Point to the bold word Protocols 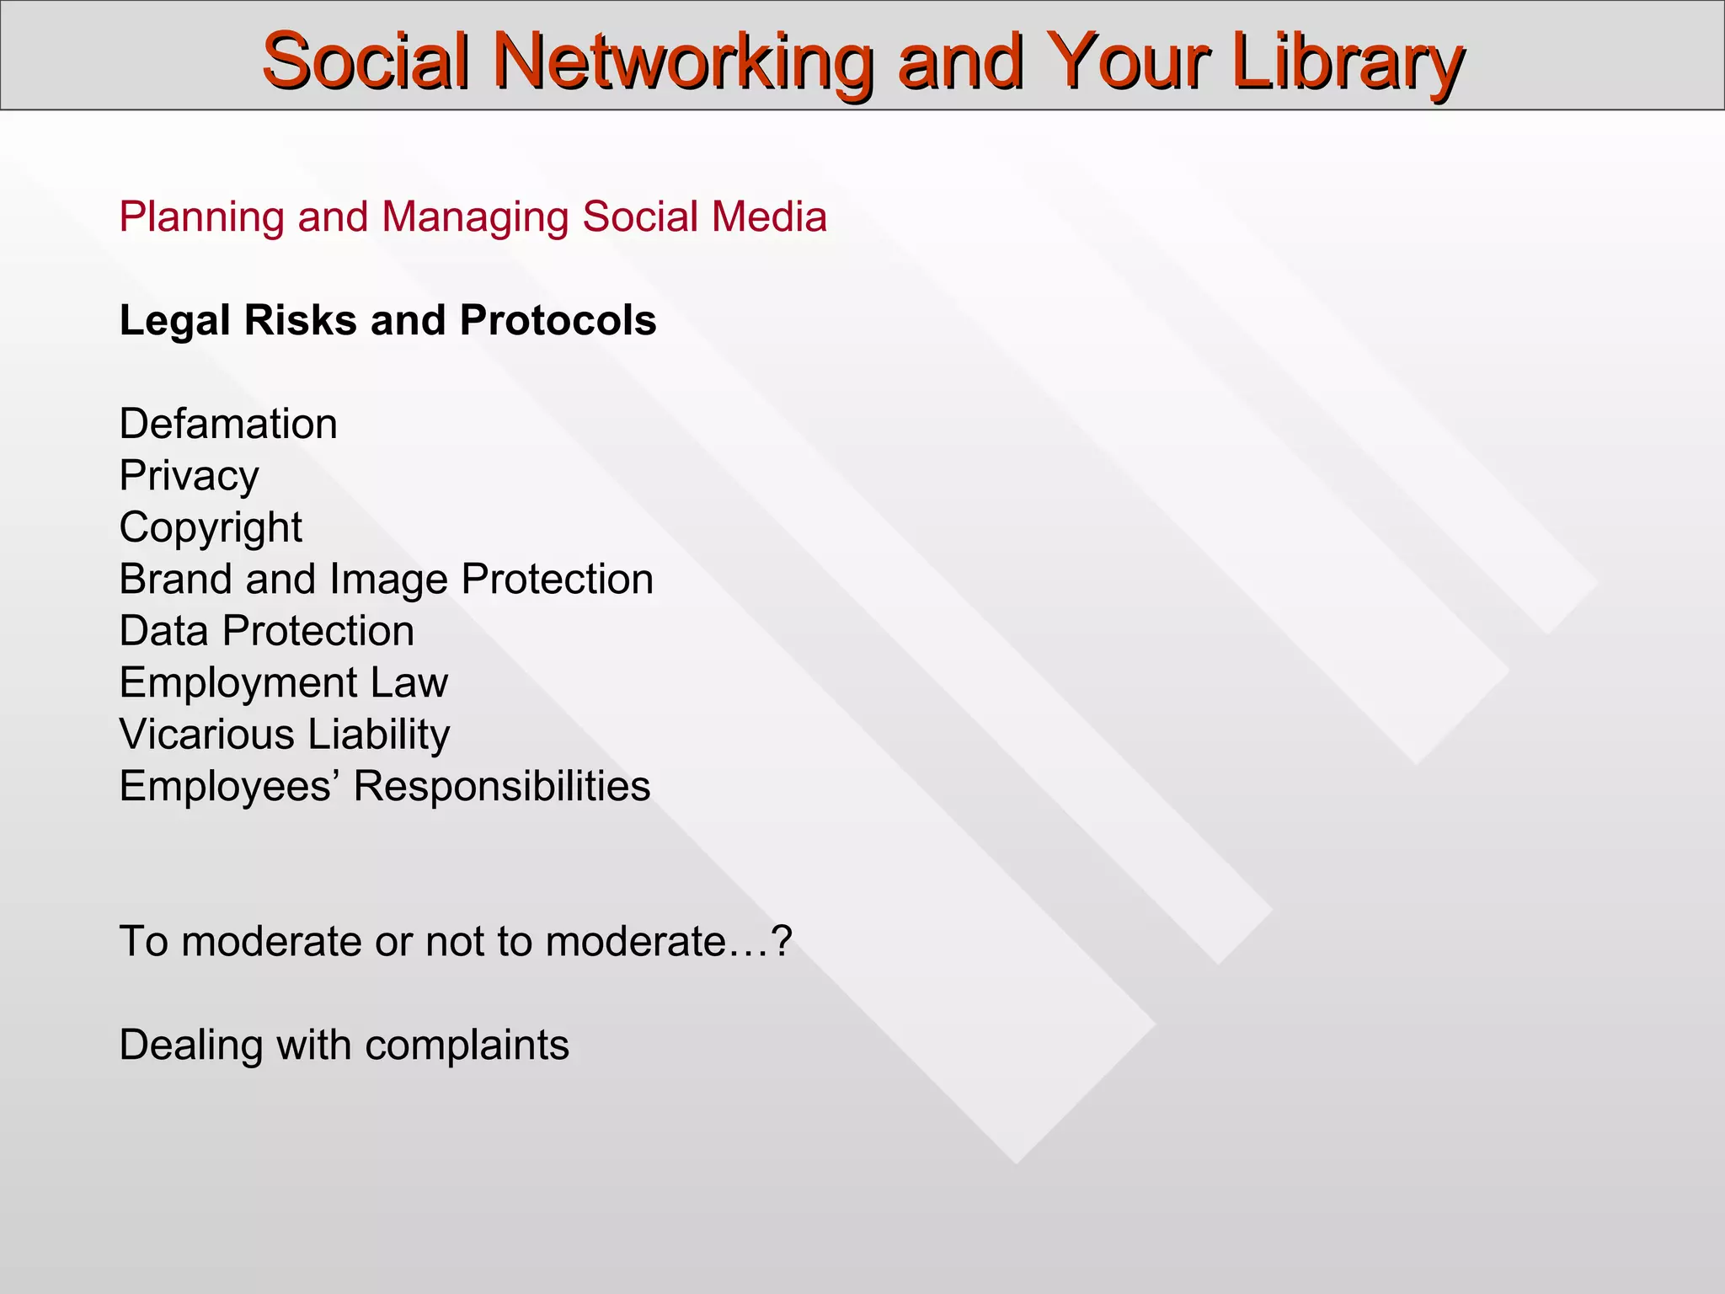coord(558,321)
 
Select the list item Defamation coord(228,424)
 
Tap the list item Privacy coord(189,477)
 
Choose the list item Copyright coord(211,528)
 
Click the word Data coord(163,631)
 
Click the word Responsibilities coord(501,787)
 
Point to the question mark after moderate coord(782,941)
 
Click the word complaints coord(467,1046)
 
